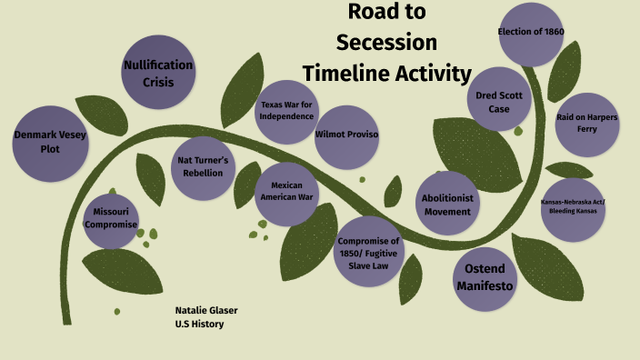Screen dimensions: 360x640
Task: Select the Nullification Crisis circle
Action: [157, 73]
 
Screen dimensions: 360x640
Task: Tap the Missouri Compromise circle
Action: [111, 218]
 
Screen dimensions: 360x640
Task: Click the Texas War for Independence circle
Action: [287, 110]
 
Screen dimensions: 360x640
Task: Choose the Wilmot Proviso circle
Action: [346, 135]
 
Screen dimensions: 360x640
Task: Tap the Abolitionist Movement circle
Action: [446, 205]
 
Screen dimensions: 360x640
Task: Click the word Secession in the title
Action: [385, 42]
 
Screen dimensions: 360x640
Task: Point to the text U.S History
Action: [199, 324]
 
